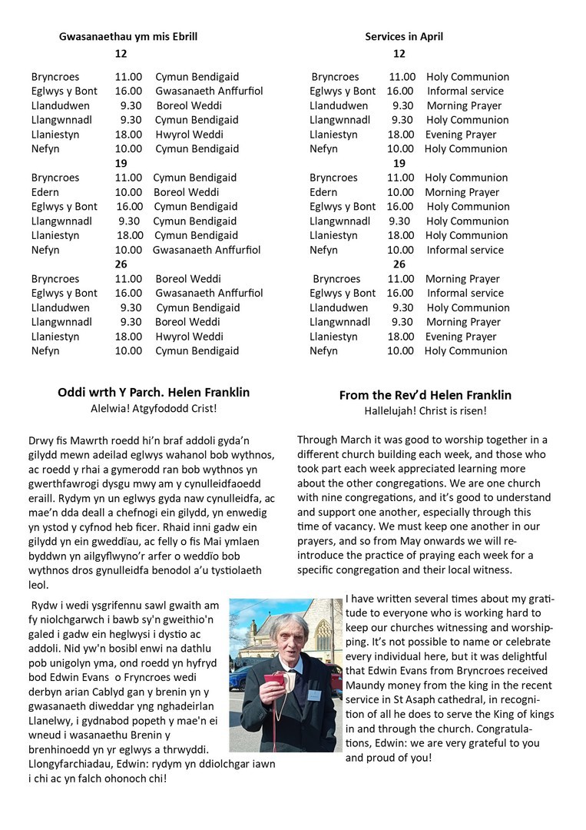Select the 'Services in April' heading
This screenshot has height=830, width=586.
404,36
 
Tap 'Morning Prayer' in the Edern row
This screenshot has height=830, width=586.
462,192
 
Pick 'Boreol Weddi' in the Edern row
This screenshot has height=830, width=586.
187,192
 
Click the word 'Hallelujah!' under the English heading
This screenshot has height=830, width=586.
390,411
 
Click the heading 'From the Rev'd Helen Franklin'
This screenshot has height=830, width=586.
425,395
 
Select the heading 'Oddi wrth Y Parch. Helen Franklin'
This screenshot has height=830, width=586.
154,392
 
